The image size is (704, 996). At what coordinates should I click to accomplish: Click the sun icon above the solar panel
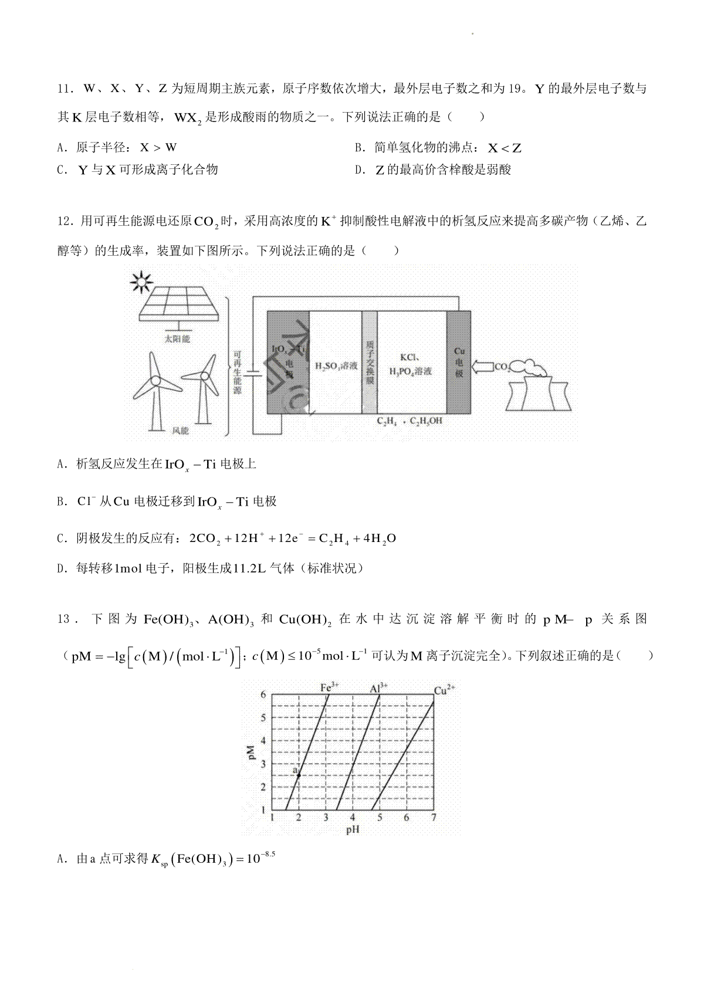141,283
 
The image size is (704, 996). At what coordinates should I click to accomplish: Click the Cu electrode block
459,362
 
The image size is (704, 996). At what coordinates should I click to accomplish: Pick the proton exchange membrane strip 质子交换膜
369,362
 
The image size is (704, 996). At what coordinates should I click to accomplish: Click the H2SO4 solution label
336,365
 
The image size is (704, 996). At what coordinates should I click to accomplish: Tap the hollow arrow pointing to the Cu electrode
482,367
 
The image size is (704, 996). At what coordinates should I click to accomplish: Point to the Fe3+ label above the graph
330,687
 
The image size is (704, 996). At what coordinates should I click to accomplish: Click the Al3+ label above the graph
379,687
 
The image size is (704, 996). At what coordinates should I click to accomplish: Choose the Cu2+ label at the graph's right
444,690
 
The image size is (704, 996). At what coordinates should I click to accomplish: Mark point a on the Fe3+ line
299,775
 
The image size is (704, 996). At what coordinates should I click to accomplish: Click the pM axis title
251,753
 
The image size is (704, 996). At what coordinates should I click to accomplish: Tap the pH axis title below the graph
353,829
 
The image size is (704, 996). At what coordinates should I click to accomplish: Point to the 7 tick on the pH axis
434,818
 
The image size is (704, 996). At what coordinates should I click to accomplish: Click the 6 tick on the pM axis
263,695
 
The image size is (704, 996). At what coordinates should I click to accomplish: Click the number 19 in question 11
515,89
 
